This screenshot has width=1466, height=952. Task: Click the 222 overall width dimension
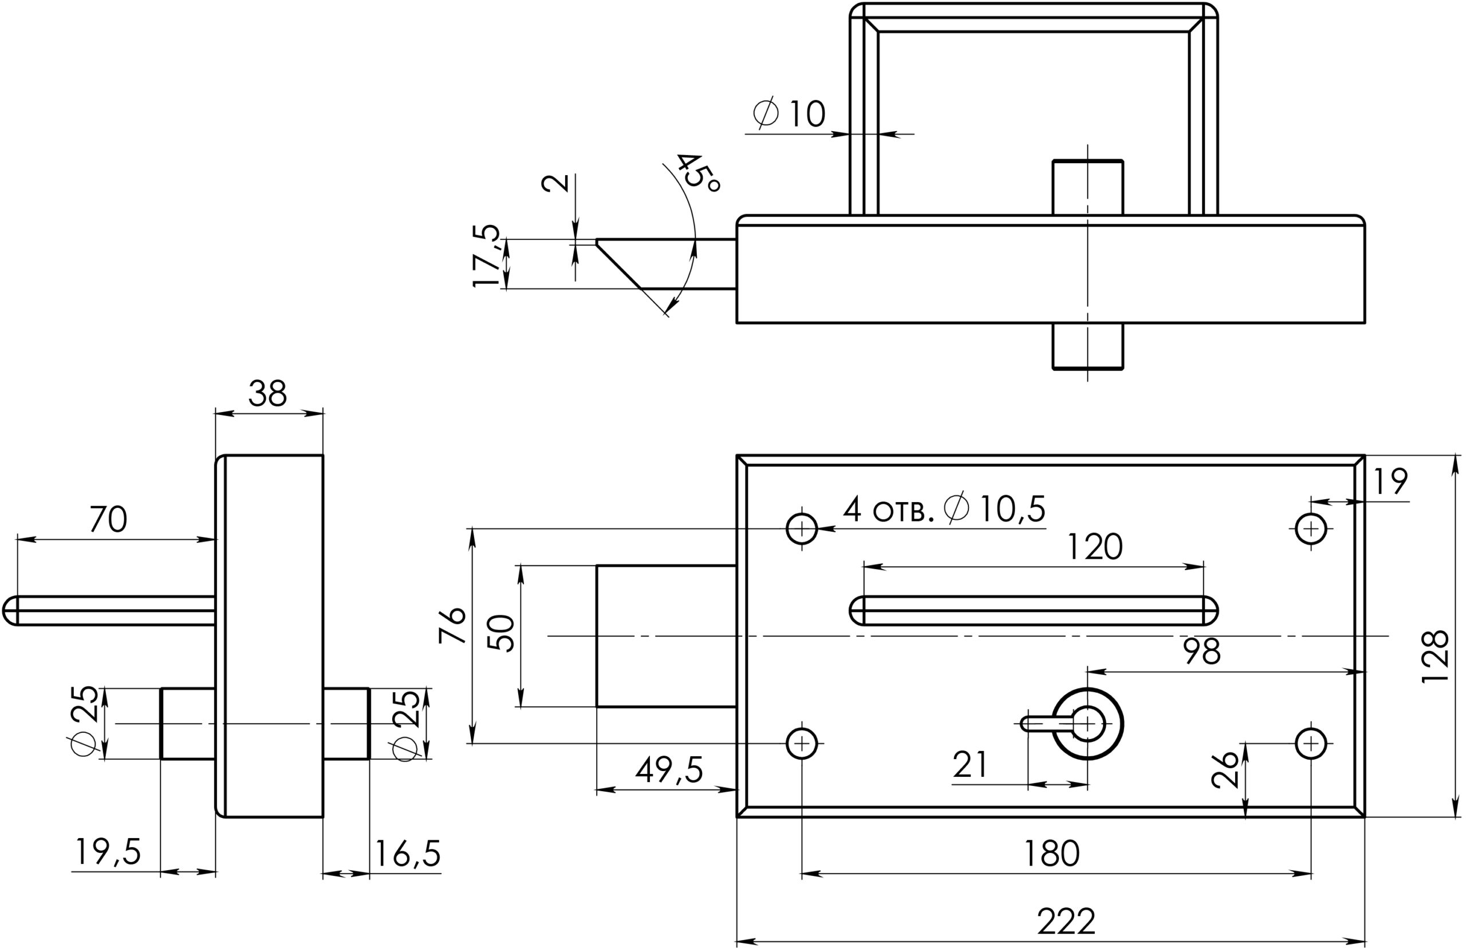pyautogui.click(x=1066, y=921)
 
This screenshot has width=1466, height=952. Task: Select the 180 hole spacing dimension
pyautogui.click(x=1051, y=853)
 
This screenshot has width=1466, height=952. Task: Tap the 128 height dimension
pyautogui.click(x=1435, y=656)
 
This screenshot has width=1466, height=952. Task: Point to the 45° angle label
pyautogui.click(x=698, y=172)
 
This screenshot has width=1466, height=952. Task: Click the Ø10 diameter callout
pyautogui.click(x=790, y=114)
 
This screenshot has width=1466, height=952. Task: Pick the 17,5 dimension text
pyautogui.click(x=487, y=255)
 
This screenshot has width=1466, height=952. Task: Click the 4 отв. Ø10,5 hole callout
pyautogui.click(x=944, y=509)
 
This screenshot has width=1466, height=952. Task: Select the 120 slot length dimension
pyautogui.click(x=1094, y=546)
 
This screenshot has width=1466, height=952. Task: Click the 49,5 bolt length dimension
pyautogui.click(x=669, y=770)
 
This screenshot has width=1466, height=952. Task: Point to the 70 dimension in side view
pyautogui.click(x=108, y=519)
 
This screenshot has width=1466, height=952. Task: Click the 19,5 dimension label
pyautogui.click(x=108, y=852)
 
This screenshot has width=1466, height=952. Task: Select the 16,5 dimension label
pyautogui.click(x=407, y=853)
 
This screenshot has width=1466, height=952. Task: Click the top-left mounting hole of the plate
pyautogui.click(x=801, y=528)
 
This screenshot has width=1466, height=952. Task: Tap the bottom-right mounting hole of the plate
pyautogui.click(x=1311, y=743)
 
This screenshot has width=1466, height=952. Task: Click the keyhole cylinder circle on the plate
pyautogui.click(x=1088, y=724)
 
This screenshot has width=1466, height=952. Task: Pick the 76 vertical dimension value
pyautogui.click(x=452, y=626)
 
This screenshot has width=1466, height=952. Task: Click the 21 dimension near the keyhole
pyautogui.click(x=970, y=765)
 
